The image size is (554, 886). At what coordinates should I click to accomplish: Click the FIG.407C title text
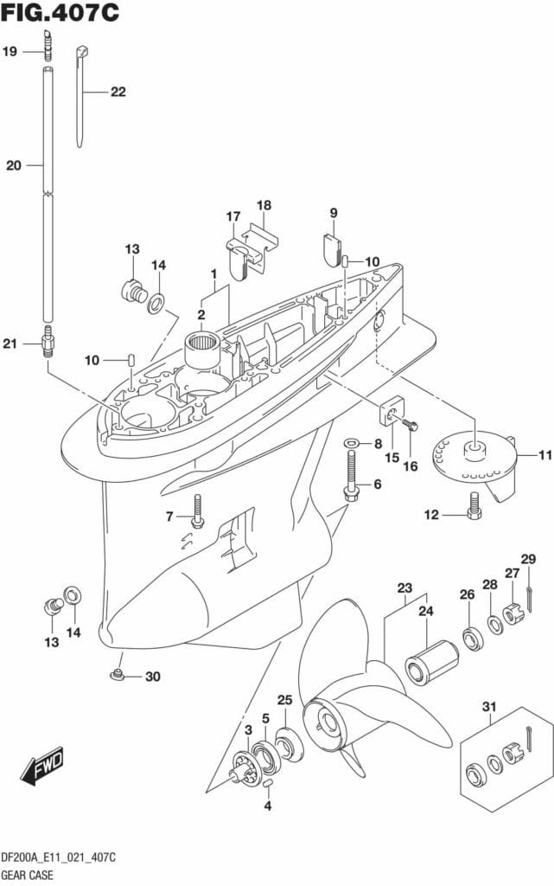coord(60,14)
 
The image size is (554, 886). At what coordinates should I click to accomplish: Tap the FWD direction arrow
coord(41,764)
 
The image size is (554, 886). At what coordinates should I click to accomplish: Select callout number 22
coord(118,92)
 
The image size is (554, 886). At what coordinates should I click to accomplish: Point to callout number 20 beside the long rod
coord(13,164)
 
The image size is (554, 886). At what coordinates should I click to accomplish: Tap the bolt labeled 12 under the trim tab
coord(474,509)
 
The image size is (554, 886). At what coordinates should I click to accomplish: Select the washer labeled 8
coord(351,444)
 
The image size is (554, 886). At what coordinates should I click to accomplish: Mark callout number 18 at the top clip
coord(264,205)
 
